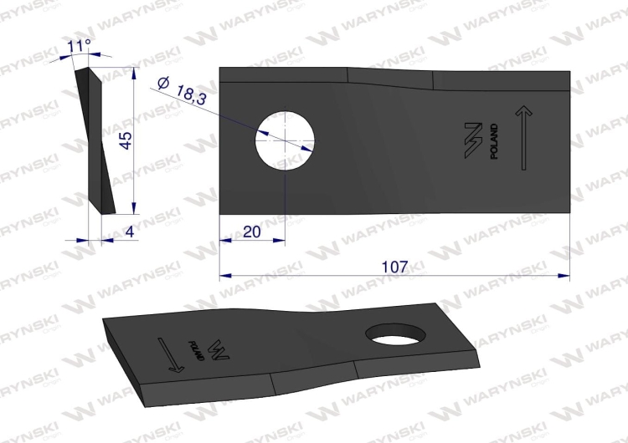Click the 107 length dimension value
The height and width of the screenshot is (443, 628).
pyautogui.click(x=395, y=267)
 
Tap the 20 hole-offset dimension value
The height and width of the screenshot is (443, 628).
pyautogui.click(x=251, y=232)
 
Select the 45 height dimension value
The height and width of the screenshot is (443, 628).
pyautogui.click(x=126, y=140)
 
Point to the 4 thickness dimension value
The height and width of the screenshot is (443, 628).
pyautogui.click(x=129, y=232)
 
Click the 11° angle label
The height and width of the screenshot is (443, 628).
pyautogui.click(x=79, y=46)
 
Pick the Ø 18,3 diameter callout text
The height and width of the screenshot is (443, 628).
pyautogui.click(x=182, y=91)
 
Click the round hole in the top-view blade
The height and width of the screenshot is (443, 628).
pyautogui.click(x=285, y=140)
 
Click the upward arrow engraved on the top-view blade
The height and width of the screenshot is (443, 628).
pyautogui.click(x=523, y=138)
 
